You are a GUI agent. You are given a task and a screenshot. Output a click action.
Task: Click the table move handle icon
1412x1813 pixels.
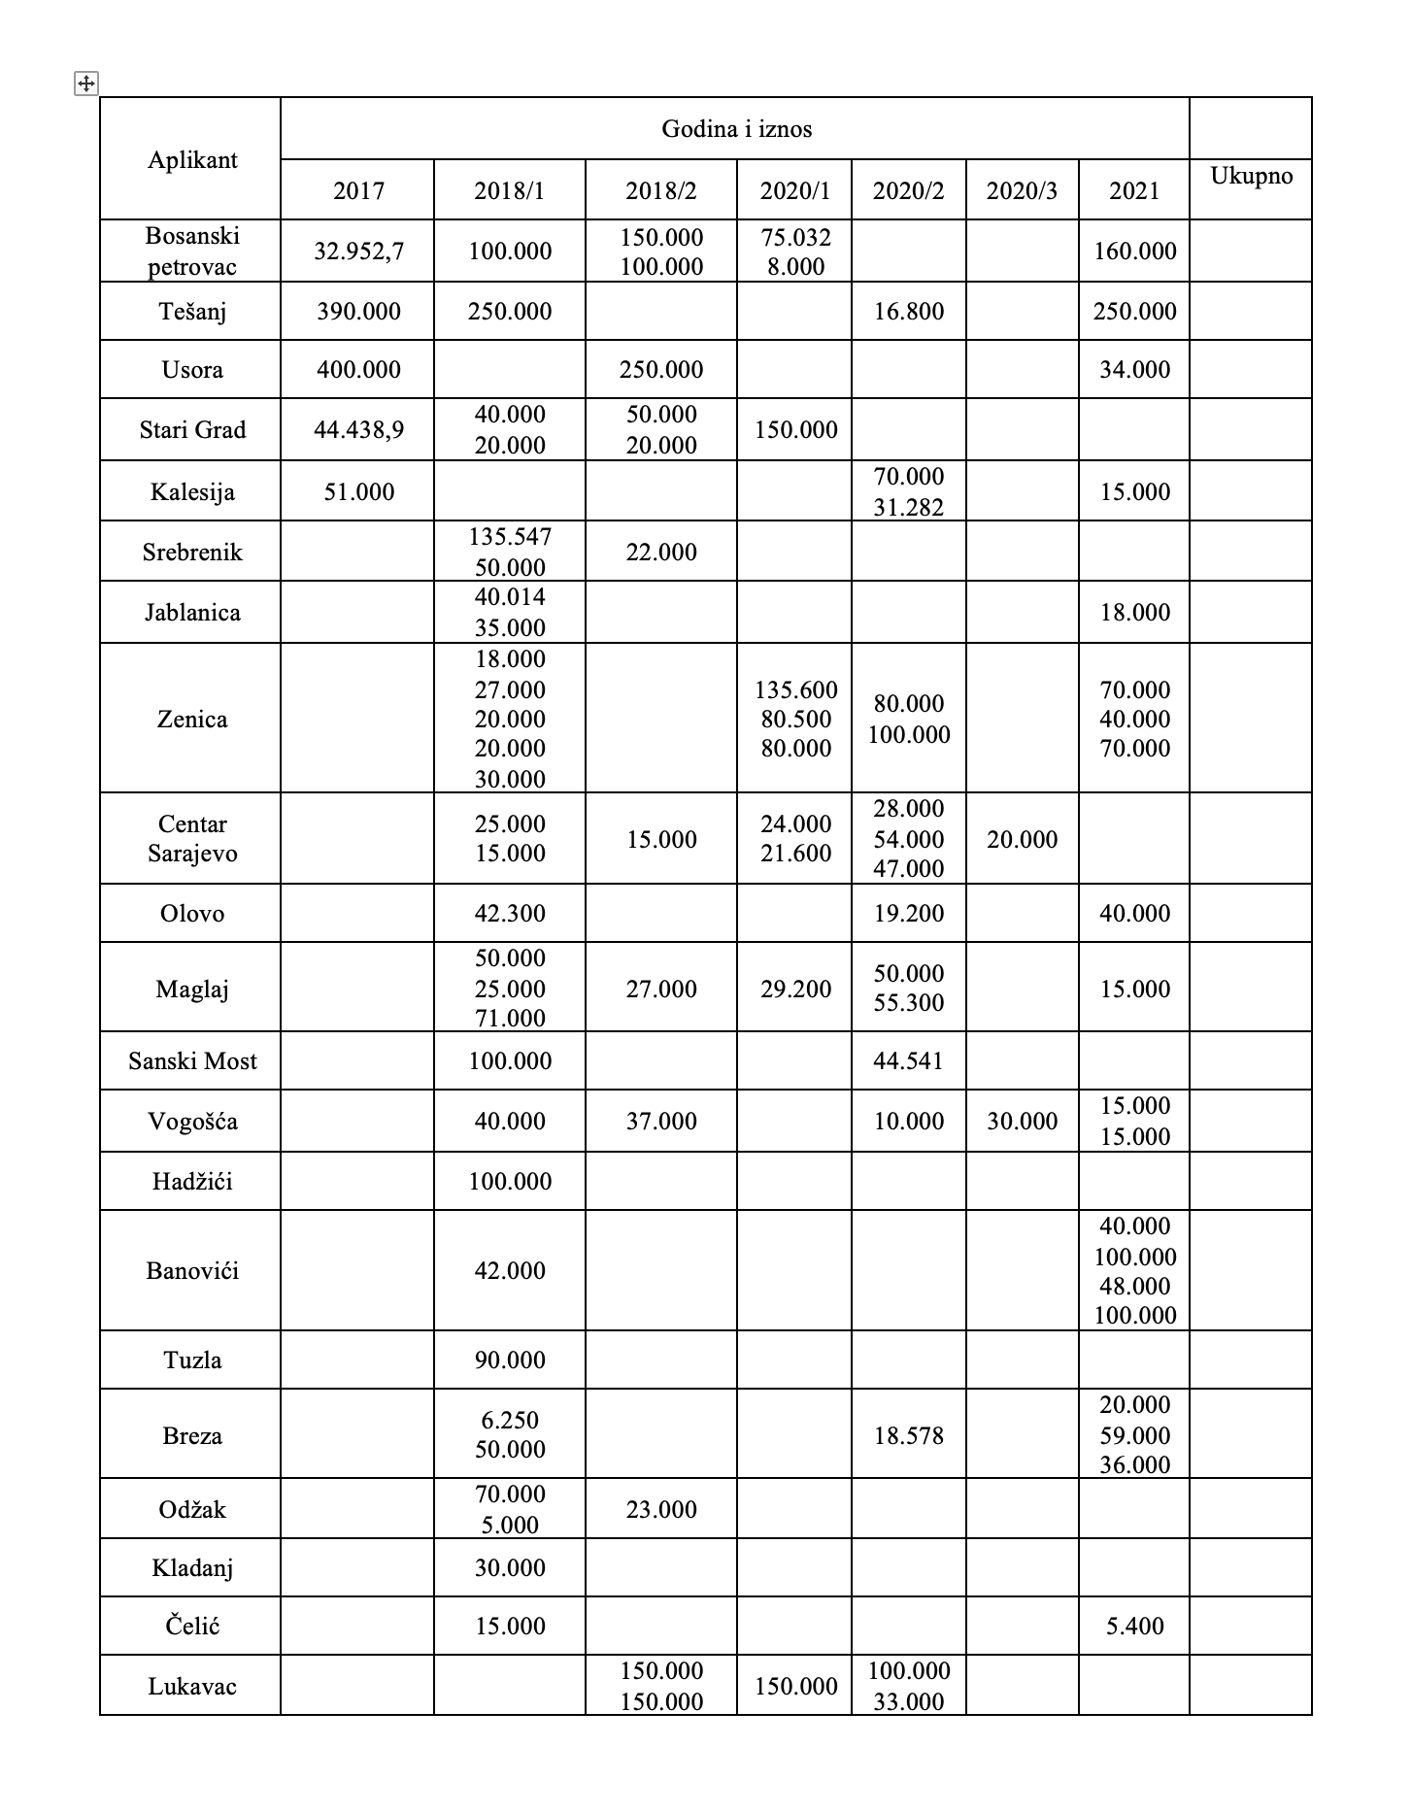pyautogui.click(x=85, y=84)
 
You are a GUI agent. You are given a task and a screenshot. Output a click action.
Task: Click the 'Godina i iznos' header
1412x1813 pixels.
pyautogui.click(x=736, y=129)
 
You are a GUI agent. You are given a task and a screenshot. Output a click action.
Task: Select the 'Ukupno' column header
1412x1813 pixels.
pyautogui.click(x=1251, y=176)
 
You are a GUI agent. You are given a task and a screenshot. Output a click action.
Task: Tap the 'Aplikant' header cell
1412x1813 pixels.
pyautogui.click(x=192, y=160)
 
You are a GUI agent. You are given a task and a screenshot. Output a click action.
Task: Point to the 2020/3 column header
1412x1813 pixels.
pyautogui.click(x=1022, y=190)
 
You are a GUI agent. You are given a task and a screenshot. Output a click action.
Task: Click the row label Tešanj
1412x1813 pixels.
pyautogui.click(x=192, y=312)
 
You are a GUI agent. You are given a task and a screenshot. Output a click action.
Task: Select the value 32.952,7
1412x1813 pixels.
pyautogui.click(x=358, y=252)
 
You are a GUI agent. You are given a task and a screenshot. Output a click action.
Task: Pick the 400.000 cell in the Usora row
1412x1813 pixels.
pyautogui.click(x=358, y=370)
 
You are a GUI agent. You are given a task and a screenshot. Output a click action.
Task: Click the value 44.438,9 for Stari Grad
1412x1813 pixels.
pyautogui.click(x=358, y=430)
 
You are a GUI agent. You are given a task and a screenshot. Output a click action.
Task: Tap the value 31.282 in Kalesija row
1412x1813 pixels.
pyautogui.click(x=908, y=507)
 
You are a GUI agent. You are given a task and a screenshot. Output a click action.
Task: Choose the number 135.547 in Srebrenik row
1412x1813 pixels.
pyautogui.click(x=510, y=537)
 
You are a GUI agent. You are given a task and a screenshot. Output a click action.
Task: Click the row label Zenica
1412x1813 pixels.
pyautogui.click(x=192, y=720)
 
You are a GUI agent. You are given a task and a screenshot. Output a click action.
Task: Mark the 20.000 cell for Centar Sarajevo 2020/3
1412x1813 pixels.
pyautogui.click(x=1022, y=840)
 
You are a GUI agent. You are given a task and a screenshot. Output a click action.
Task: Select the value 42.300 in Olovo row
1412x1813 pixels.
pyautogui.click(x=510, y=914)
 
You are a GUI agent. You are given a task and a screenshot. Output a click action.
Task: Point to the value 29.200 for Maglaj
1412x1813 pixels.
pyautogui.click(x=795, y=990)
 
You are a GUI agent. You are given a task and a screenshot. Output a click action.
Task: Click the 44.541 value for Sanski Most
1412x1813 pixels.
pyautogui.click(x=908, y=1061)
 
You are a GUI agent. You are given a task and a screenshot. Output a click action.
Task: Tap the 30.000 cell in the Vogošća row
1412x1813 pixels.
pyautogui.click(x=1022, y=1122)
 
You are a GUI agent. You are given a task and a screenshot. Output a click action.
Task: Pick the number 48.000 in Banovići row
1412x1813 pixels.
pyautogui.click(x=1134, y=1286)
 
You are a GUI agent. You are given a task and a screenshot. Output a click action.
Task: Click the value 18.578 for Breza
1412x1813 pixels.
pyautogui.click(x=908, y=1436)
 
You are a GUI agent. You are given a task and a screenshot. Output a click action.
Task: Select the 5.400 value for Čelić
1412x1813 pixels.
pyautogui.click(x=1134, y=1627)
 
